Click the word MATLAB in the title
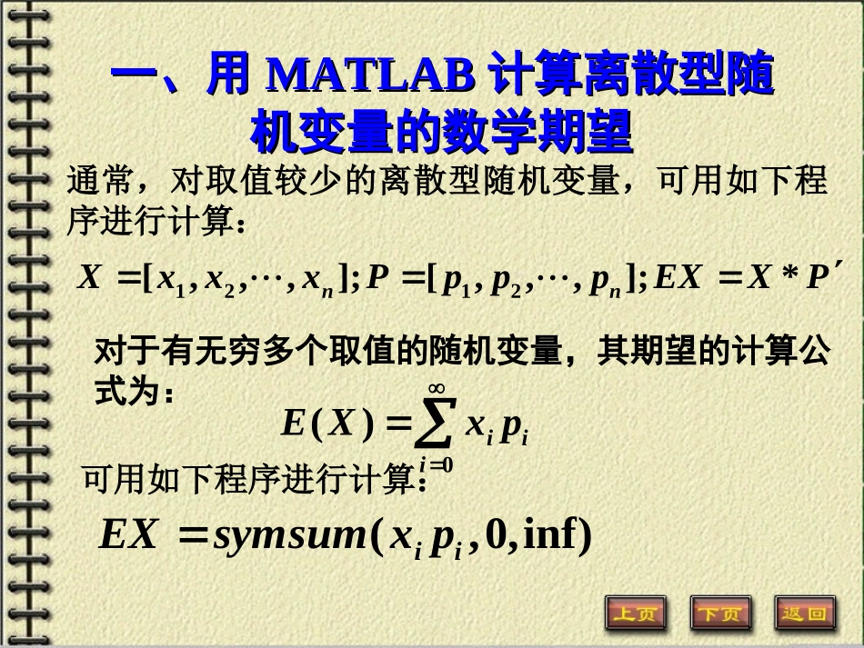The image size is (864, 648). [371, 76]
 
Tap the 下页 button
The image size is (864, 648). [720, 614]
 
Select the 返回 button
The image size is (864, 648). [804, 614]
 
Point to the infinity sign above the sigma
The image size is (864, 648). [436, 389]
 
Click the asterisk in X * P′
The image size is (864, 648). [788, 277]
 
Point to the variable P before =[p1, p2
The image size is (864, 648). [377, 277]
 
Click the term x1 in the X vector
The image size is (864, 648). [167, 280]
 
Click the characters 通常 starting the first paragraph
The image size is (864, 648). [100, 181]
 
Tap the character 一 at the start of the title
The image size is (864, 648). [134, 76]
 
